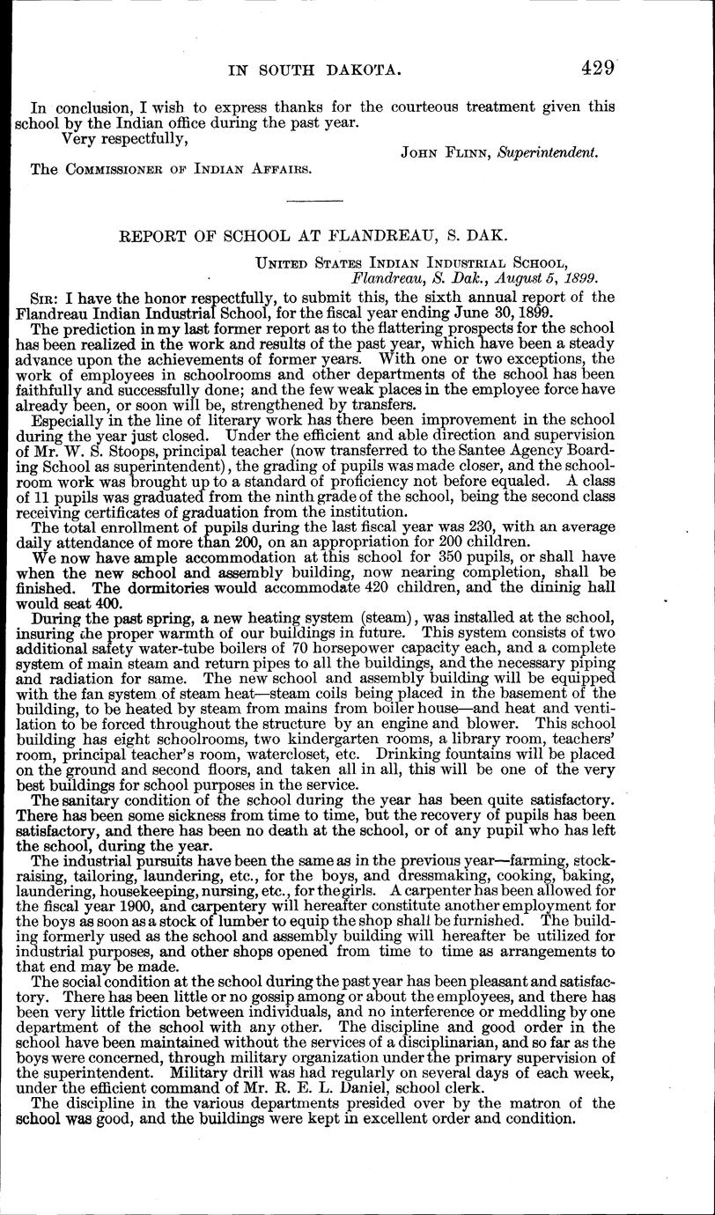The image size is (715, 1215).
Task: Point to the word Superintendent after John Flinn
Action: pyautogui.click(x=548, y=151)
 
